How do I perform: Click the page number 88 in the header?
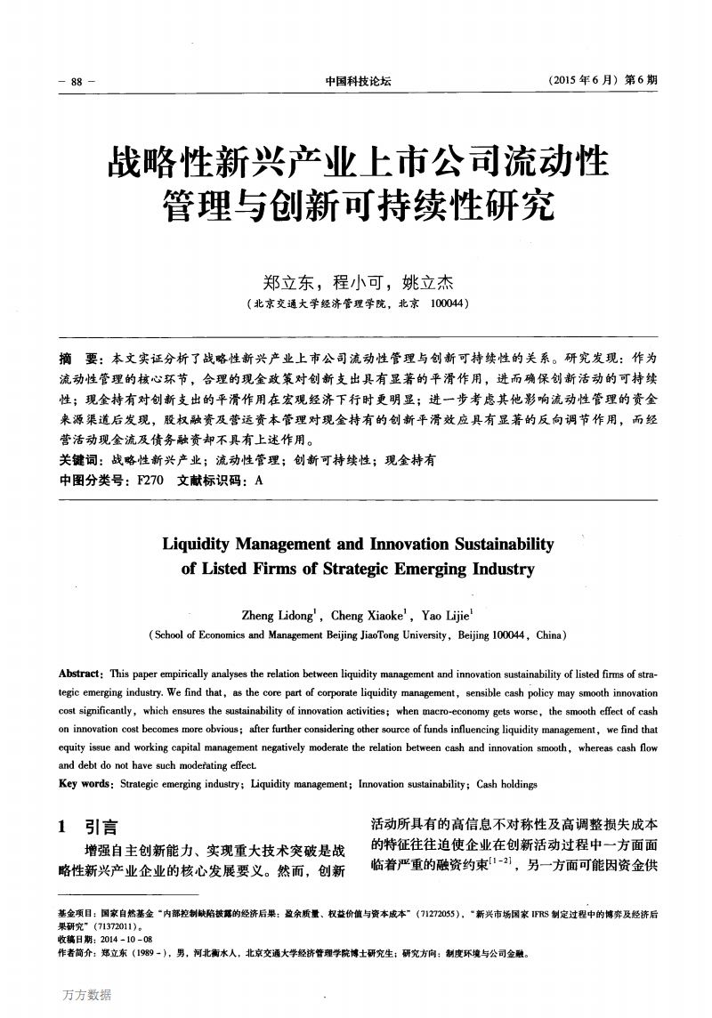coord(76,81)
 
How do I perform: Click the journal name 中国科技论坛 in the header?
coord(358,81)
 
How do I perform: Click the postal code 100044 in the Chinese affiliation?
coord(449,303)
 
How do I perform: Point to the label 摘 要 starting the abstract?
coord(77,358)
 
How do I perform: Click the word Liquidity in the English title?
coord(200,544)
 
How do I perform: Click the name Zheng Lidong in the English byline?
coord(277,615)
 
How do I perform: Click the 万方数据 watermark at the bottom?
coord(87,994)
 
